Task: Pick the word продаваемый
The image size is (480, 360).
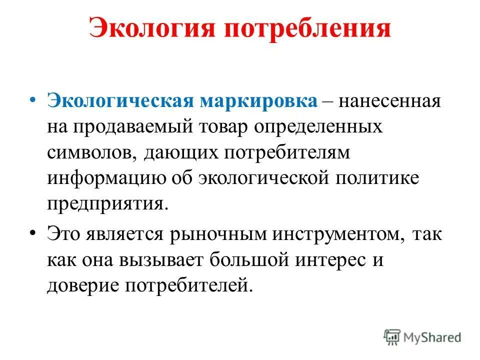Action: [x=145, y=126]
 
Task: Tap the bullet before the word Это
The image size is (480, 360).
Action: [x=32, y=231]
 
